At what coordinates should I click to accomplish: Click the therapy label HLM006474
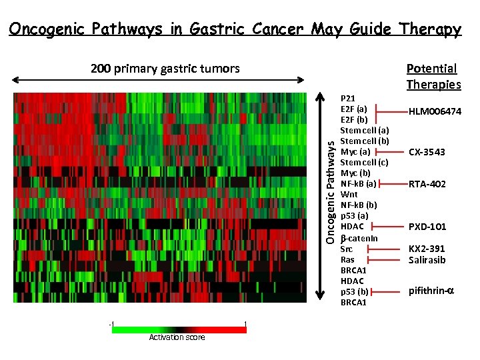point(435,111)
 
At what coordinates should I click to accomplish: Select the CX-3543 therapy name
point(427,152)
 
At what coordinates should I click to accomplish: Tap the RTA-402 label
point(427,184)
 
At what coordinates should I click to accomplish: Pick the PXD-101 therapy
point(427,227)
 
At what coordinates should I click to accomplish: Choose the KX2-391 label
point(427,249)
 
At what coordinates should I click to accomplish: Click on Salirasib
point(427,260)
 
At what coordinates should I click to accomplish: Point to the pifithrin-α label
point(427,291)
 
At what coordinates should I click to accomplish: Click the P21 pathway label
point(347,97)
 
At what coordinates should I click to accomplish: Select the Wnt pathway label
point(349,195)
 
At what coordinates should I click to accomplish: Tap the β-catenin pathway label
point(359,238)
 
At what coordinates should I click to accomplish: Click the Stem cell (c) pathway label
point(364,162)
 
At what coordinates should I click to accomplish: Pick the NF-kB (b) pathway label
point(359,205)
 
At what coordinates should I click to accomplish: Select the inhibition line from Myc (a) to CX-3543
point(391,152)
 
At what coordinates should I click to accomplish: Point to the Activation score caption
point(177,337)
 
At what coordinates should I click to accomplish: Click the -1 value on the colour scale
point(111,324)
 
